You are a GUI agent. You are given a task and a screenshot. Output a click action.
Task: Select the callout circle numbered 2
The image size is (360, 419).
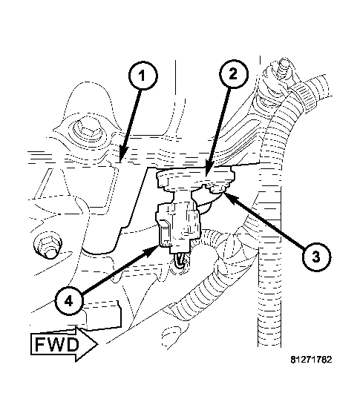[x=232, y=73]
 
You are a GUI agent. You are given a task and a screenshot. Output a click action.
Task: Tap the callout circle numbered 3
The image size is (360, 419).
[x=315, y=256]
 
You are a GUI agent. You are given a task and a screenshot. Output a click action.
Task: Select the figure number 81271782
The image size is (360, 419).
[x=311, y=360]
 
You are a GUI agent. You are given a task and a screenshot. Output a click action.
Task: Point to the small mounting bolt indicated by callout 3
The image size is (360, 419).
[x=217, y=191]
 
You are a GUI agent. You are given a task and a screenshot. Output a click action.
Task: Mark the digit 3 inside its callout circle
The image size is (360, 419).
[x=315, y=256]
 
